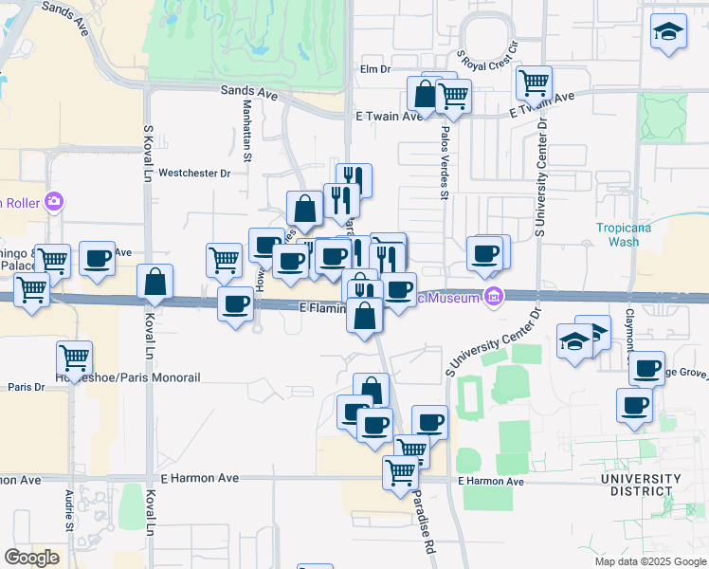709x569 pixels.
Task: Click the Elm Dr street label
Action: coord(374,69)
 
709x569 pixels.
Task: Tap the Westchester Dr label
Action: coord(194,174)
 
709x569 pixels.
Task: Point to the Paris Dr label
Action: coord(27,387)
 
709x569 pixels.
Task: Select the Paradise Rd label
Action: coord(422,526)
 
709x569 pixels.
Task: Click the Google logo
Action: coord(31,558)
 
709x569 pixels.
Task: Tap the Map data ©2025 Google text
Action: coord(649,561)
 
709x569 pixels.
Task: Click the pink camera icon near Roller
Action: coord(54,201)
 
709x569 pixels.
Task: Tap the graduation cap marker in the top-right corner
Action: coord(668,32)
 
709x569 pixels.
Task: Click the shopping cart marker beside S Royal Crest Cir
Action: coord(535,82)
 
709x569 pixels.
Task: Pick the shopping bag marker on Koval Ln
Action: coord(155,282)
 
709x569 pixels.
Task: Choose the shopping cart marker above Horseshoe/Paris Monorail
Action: coord(74,358)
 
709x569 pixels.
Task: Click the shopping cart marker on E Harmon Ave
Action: coord(401,470)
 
